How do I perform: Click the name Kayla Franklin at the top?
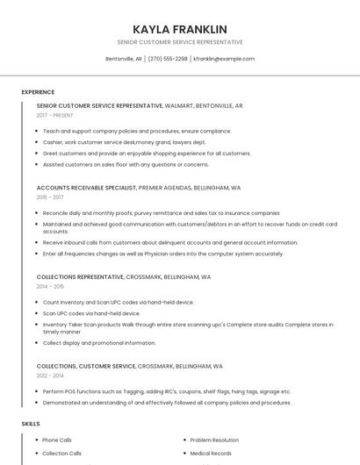[179, 29]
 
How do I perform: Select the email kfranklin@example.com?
[224, 59]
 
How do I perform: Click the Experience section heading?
[38, 92]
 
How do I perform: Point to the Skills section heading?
[31, 424]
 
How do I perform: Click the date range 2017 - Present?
[55, 115]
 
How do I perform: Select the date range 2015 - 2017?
[50, 197]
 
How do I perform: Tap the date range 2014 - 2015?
[50, 286]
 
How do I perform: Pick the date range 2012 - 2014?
[50, 375]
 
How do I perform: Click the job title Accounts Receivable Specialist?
[86, 188]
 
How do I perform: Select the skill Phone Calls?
[57, 440]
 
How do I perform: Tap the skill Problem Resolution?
[214, 440]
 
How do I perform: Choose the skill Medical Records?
[211, 454]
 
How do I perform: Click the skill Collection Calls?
[61, 454]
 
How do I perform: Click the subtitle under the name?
[179, 42]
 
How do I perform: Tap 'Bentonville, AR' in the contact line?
[124, 59]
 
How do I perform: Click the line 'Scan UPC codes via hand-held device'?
[91, 313]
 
